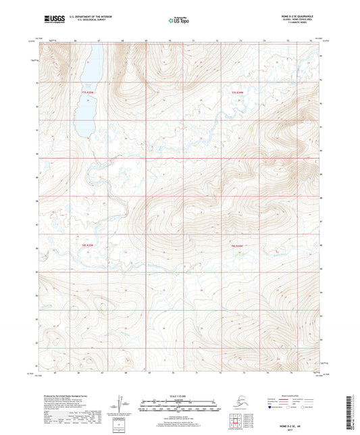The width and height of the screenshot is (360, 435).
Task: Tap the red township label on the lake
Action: click(x=85, y=91)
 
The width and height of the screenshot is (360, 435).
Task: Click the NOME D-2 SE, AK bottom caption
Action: click(x=180, y=423)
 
